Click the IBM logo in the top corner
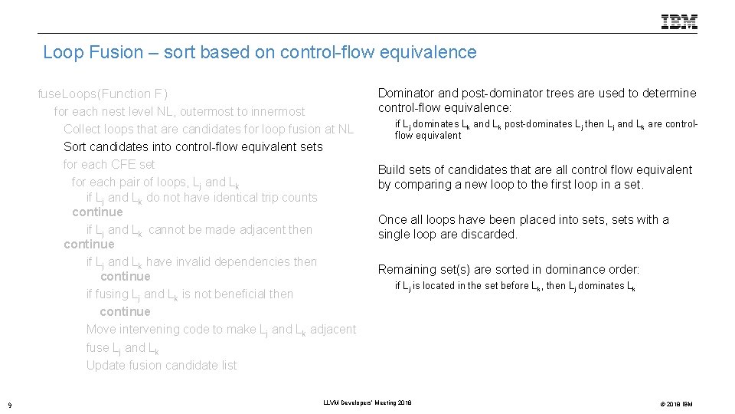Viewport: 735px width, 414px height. (x=679, y=22)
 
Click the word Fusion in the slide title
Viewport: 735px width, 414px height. (x=117, y=52)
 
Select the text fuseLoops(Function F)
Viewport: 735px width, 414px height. (x=103, y=94)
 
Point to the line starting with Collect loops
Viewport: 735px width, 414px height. (x=208, y=129)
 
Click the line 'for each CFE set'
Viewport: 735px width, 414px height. (x=109, y=164)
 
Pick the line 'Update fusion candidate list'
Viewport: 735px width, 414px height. (x=162, y=365)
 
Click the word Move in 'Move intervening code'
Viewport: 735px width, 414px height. (x=101, y=329)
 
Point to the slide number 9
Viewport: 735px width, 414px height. (x=8, y=404)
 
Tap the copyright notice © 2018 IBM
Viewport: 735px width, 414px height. (x=671, y=404)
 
